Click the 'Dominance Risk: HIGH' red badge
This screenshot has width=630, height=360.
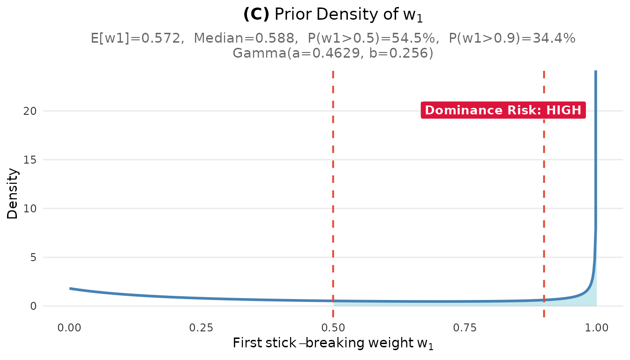pos(503,111)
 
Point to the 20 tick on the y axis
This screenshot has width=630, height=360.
pos(30,111)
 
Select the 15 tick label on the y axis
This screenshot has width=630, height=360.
pos(30,160)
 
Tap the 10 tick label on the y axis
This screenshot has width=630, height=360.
pos(30,209)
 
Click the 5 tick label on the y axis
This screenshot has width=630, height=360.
pos(33,257)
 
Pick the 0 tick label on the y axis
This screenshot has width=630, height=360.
pos(33,306)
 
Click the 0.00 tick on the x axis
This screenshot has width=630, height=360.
pos(70,327)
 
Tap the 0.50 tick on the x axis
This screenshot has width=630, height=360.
pos(333,327)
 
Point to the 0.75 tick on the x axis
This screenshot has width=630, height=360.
pos(465,327)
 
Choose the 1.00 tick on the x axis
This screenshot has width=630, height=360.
pos(596,327)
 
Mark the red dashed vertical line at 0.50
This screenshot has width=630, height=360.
pos(333,187)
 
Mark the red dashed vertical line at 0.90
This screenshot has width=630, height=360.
pos(544,187)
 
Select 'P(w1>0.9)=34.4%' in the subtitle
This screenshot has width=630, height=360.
pos(512,38)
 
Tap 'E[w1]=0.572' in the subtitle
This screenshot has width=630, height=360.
pos(136,38)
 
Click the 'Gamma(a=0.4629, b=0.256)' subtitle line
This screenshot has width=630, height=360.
pos(333,53)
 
